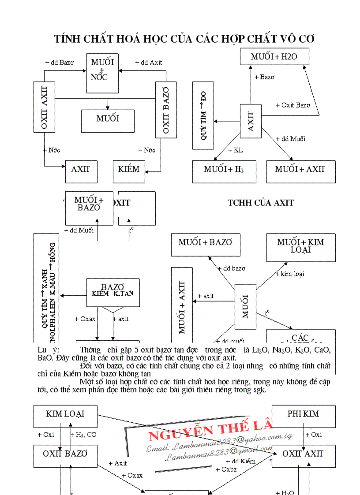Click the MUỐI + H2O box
click(274, 56)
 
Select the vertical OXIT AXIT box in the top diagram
click(44, 107)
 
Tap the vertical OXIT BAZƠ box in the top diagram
click(166, 110)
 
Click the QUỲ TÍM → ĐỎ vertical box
click(203, 115)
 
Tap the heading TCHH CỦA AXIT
click(260, 203)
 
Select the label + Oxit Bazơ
click(293, 105)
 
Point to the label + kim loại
click(289, 274)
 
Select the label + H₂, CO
click(83, 435)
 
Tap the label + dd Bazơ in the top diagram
click(59, 63)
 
